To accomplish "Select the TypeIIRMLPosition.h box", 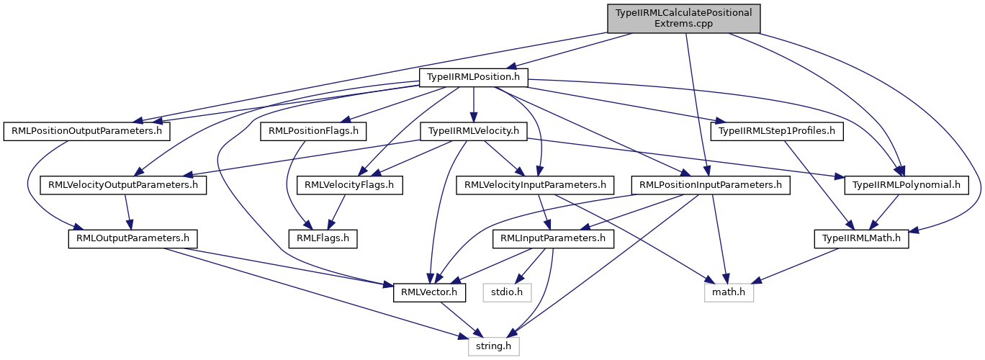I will tap(474, 76).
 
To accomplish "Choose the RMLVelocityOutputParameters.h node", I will tap(123, 185).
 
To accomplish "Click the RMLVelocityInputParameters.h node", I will tap(535, 185).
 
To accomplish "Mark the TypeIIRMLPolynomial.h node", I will tap(906, 185).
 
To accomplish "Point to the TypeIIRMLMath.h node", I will tap(860, 238).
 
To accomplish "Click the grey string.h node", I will tap(493, 346).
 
